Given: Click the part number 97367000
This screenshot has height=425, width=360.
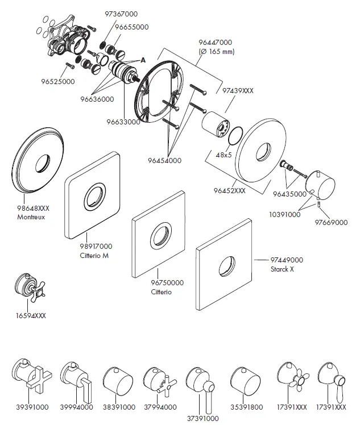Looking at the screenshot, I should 121,14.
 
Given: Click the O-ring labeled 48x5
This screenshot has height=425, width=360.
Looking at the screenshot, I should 233,135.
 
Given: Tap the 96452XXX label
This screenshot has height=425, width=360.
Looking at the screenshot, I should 229,191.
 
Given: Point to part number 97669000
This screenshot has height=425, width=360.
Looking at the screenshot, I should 332,223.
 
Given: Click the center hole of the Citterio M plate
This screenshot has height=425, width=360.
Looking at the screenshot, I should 93,197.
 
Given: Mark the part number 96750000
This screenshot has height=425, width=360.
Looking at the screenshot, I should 151,282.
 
